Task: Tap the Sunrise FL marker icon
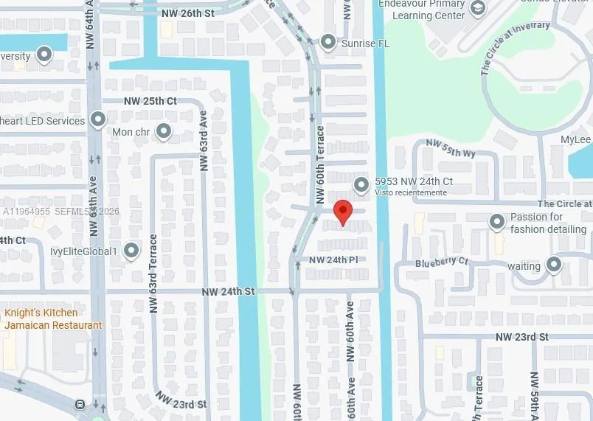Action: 327,42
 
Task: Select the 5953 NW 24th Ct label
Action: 413,181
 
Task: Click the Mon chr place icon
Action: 163,132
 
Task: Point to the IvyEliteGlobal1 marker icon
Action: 132,251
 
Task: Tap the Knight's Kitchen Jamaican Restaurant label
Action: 53,319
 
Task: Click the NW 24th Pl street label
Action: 333,260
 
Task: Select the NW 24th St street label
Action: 228,292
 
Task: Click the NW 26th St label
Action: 187,13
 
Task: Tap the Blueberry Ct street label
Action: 441,262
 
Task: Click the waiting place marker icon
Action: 554,265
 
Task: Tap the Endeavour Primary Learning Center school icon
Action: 478,8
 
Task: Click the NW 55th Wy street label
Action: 451,149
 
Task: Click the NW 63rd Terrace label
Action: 153,274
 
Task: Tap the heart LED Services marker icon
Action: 98,119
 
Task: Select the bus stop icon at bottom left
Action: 80,404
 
